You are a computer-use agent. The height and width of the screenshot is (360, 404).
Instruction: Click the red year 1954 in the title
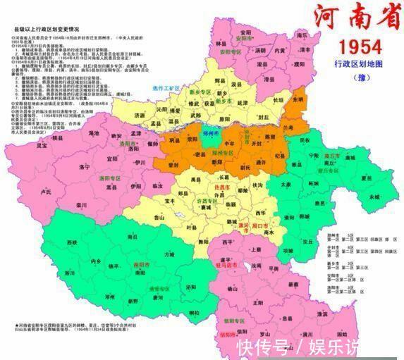click(x=360, y=47)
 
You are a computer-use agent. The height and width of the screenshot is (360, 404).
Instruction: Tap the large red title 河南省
click(x=350, y=18)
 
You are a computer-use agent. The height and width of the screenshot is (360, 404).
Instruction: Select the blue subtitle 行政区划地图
click(x=359, y=64)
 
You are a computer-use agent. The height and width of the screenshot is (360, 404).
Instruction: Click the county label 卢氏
click(x=47, y=191)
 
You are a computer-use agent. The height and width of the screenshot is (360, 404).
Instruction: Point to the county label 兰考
click(x=287, y=127)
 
